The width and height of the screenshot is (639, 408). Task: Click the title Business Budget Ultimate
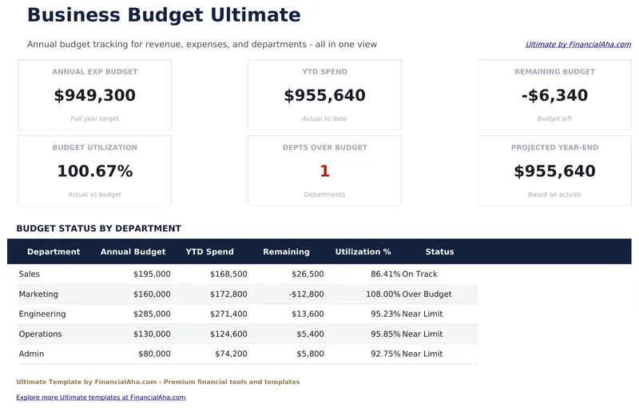click(x=164, y=15)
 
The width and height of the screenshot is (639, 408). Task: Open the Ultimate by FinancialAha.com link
click(x=577, y=45)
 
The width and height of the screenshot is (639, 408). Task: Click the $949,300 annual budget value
click(x=95, y=96)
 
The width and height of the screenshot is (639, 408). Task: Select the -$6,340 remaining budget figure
click(x=554, y=96)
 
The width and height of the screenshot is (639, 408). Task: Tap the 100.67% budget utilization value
click(x=95, y=171)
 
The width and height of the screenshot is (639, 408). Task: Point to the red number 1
click(x=324, y=171)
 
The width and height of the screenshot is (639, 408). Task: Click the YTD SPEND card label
click(x=324, y=72)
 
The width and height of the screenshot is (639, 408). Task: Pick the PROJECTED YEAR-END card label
click(x=554, y=148)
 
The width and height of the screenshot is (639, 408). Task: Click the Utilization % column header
click(x=363, y=252)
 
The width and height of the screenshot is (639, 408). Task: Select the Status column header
click(x=439, y=252)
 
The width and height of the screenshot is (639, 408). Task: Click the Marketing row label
click(x=38, y=294)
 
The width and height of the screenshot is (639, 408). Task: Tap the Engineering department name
click(x=42, y=314)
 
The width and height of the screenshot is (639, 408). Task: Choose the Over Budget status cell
click(x=427, y=294)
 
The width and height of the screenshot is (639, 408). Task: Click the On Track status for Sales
click(x=419, y=274)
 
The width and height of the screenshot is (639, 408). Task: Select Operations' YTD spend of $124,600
click(x=228, y=334)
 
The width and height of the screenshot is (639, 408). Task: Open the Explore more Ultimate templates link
click(x=101, y=398)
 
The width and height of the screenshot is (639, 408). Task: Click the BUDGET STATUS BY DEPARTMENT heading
click(x=98, y=229)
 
